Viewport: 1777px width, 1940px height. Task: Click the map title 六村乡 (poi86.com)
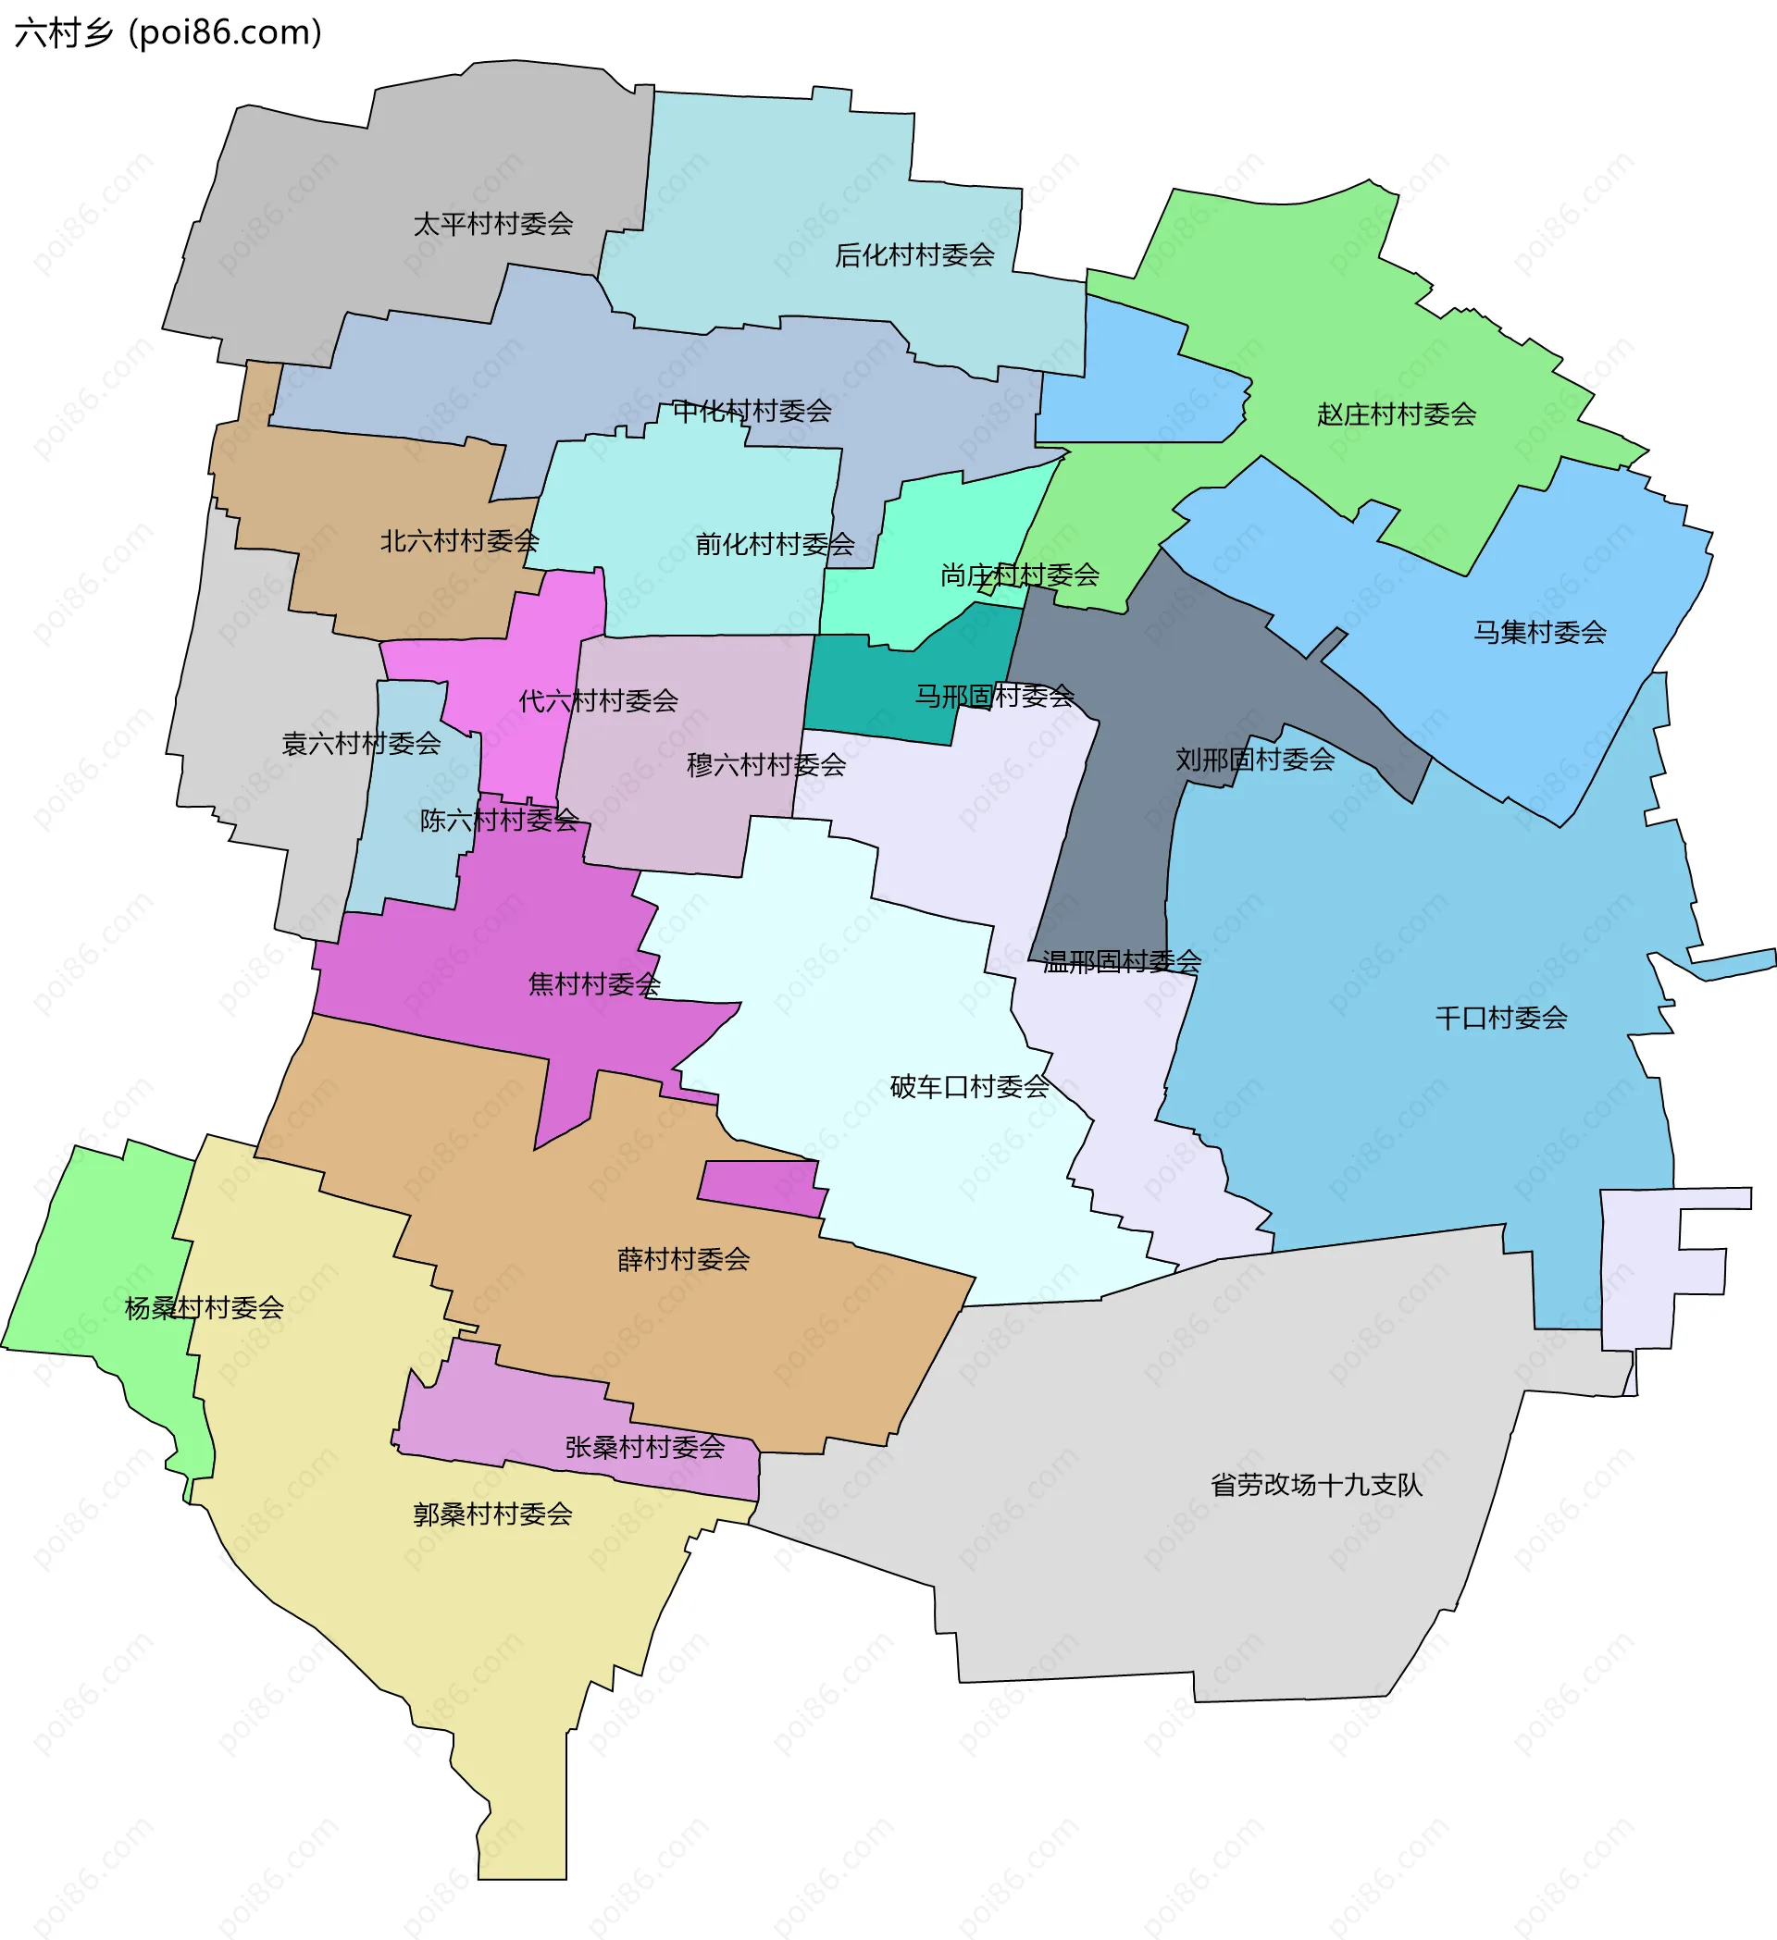pyautogui.click(x=168, y=32)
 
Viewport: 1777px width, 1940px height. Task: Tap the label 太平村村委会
pyautogui.click(x=493, y=224)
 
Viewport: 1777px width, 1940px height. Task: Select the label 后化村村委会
pyautogui.click(x=913, y=255)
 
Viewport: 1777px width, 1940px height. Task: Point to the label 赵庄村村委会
pyautogui.click(x=1396, y=414)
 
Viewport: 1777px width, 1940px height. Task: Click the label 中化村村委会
pyautogui.click(x=752, y=411)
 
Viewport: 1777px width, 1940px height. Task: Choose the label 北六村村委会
pyautogui.click(x=459, y=541)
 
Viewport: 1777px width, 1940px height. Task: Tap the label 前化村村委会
pyautogui.click(x=775, y=545)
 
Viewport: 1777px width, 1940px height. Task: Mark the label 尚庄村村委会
pyautogui.click(x=1019, y=575)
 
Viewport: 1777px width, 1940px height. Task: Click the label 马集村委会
pyautogui.click(x=1539, y=632)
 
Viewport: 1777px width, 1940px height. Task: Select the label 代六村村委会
pyautogui.click(x=598, y=700)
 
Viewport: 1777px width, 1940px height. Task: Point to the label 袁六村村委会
pyautogui.click(x=361, y=743)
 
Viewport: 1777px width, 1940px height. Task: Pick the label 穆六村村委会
pyautogui.click(x=765, y=765)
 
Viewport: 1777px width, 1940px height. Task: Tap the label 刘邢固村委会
pyautogui.click(x=1254, y=760)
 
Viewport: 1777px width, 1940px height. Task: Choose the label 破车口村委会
pyautogui.click(x=968, y=1087)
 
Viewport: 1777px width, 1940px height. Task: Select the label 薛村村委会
pyautogui.click(x=683, y=1260)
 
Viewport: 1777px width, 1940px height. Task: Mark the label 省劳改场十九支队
pyautogui.click(x=1316, y=1485)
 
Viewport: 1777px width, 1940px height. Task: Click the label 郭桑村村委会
pyautogui.click(x=493, y=1514)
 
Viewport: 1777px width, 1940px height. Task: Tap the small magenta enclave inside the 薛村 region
pyautogui.click(x=761, y=1188)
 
